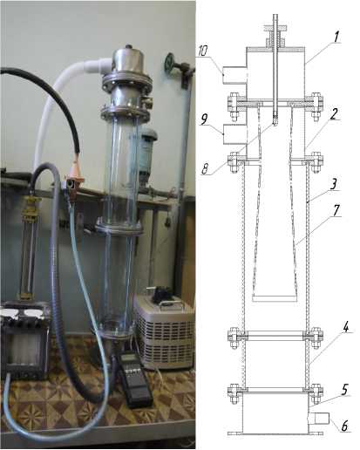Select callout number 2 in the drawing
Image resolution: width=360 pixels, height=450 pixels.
[x=334, y=114]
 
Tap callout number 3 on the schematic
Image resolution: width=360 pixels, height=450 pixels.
[x=334, y=184]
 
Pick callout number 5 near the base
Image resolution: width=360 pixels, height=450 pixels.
[x=345, y=390]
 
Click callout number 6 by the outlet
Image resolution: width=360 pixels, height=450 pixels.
[x=344, y=426]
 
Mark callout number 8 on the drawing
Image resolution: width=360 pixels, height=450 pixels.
[x=206, y=169]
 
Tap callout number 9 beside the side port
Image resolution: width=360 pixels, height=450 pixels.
[x=205, y=119]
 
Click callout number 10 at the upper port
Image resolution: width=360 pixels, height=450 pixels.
[x=202, y=51]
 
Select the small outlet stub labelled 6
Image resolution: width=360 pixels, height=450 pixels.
[x=318, y=419]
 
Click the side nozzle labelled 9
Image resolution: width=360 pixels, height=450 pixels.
[x=234, y=134]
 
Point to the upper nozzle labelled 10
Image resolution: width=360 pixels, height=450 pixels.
[x=234, y=75]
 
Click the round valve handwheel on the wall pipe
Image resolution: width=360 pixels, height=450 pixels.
[x=169, y=62]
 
